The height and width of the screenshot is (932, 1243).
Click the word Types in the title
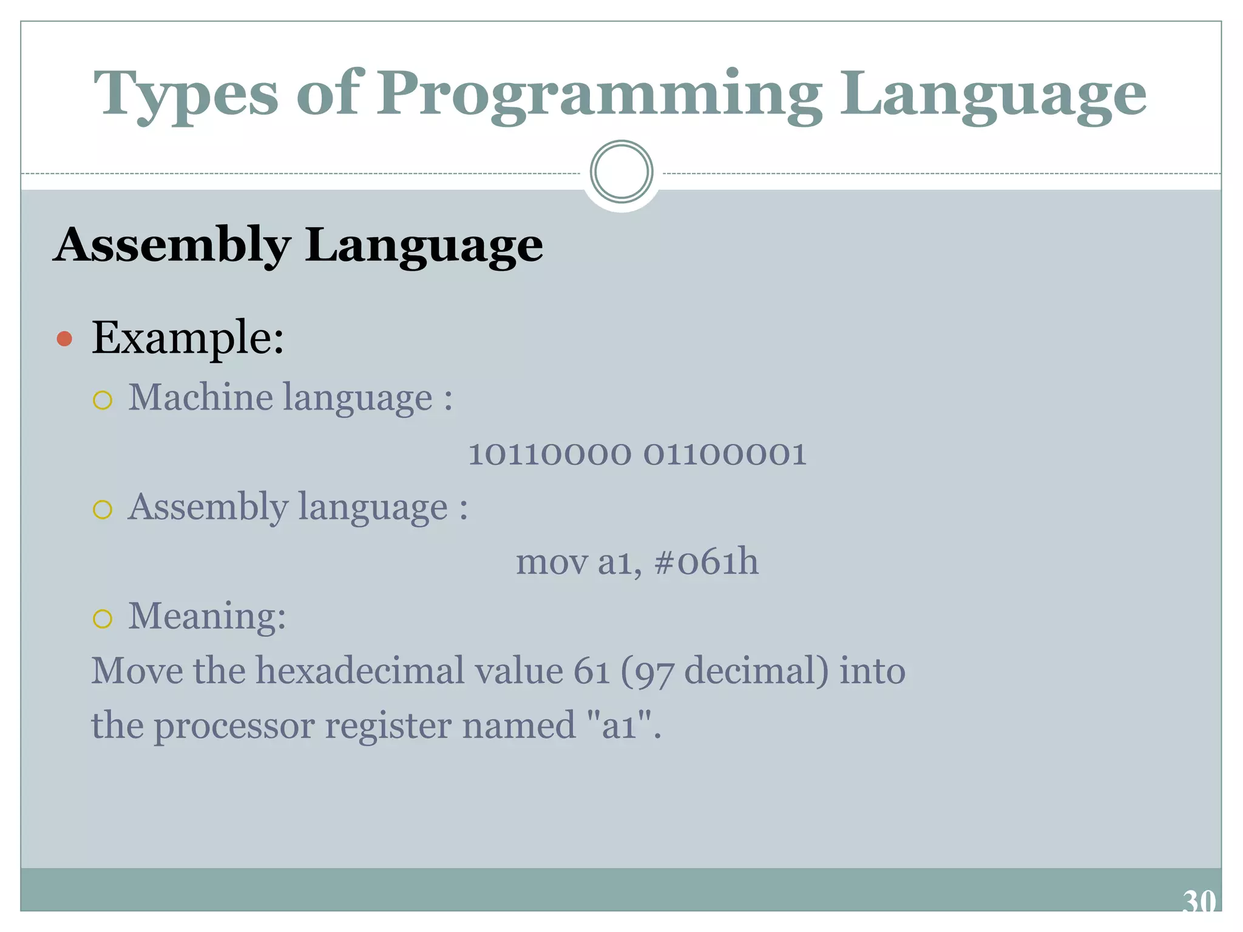pyautogui.click(x=186, y=94)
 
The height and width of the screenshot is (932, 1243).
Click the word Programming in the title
pyautogui.click(x=598, y=94)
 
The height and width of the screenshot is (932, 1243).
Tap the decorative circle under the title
pyautogui.click(x=621, y=172)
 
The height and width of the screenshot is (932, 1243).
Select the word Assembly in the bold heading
pyautogui.click(x=172, y=246)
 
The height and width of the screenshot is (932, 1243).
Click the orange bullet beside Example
pyautogui.click(x=64, y=339)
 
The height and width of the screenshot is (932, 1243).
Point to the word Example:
pyautogui.click(x=188, y=337)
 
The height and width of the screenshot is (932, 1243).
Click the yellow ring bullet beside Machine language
pyautogui.click(x=103, y=400)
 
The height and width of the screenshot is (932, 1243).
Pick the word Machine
pyautogui.click(x=200, y=397)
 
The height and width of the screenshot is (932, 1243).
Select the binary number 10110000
pyautogui.click(x=549, y=454)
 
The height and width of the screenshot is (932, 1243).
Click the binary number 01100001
pyautogui.click(x=725, y=454)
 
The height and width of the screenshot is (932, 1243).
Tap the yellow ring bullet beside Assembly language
pyautogui.click(x=103, y=509)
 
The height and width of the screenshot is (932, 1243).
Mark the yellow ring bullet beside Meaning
pyautogui.click(x=103, y=618)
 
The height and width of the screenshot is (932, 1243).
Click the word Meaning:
pyautogui.click(x=207, y=616)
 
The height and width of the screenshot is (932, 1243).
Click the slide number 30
pyautogui.click(x=1199, y=902)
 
